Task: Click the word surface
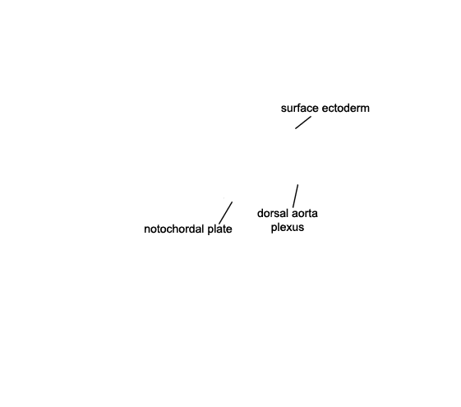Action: (x=300, y=109)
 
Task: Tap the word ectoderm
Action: (x=346, y=109)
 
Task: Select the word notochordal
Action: (x=173, y=229)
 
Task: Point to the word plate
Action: (x=219, y=229)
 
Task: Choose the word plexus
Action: (x=288, y=228)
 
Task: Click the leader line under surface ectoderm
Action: (x=303, y=123)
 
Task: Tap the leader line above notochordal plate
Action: (x=225, y=213)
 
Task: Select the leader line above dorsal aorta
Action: (x=295, y=197)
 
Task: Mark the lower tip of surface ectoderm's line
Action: (x=296, y=128)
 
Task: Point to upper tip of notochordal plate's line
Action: (x=233, y=202)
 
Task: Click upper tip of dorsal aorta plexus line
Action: (x=297, y=185)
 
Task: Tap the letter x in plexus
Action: (x=290, y=227)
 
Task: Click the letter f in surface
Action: (x=297, y=108)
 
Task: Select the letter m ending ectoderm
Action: (x=366, y=109)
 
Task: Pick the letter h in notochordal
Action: (x=173, y=229)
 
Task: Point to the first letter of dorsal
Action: (x=260, y=213)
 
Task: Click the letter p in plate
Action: (x=210, y=230)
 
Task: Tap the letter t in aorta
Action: (x=310, y=214)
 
